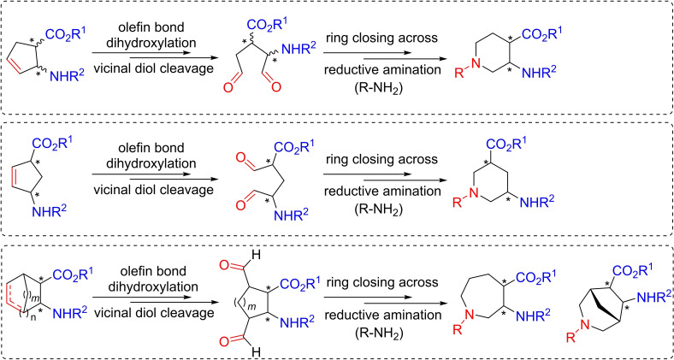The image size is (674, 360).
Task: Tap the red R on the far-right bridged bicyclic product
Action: coord(571,338)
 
